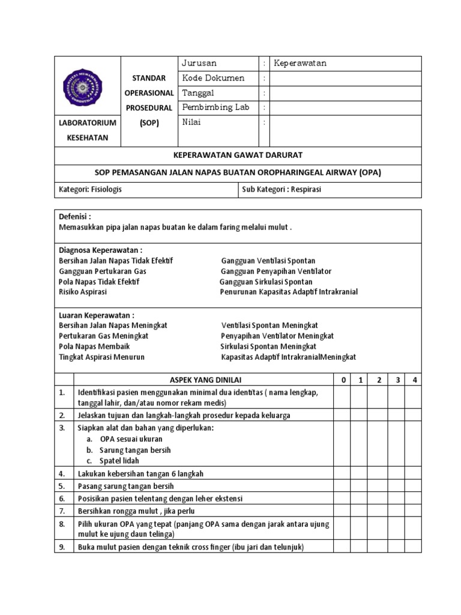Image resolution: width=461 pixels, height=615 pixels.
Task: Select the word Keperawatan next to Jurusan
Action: [300, 63]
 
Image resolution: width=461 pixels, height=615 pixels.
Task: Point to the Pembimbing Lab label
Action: [215, 108]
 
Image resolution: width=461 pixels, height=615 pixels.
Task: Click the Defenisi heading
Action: [75, 216]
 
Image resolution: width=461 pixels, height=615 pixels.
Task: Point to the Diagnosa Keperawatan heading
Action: [100, 250]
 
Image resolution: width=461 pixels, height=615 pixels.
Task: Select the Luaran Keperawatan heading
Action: [96, 315]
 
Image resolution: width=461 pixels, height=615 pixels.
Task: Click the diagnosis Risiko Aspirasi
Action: [83, 292]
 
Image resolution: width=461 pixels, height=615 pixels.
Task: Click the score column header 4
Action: [414, 380]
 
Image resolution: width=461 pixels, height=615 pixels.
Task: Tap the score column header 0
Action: [343, 380]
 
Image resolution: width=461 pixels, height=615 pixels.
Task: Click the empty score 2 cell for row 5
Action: [379, 486]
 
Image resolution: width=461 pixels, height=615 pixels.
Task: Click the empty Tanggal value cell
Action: [345, 93]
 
